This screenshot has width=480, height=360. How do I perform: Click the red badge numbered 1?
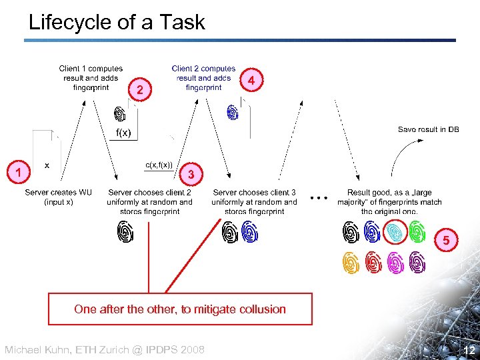click(x=20, y=173)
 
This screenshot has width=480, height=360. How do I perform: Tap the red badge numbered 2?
click(x=139, y=89)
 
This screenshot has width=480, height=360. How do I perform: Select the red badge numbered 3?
click(x=191, y=174)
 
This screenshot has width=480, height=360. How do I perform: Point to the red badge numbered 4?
click(x=251, y=79)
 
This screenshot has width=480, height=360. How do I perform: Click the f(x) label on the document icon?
click(x=123, y=133)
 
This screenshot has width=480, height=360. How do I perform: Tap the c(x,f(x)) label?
click(x=159, y=165)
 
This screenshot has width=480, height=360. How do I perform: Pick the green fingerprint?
click(x=417, y=232)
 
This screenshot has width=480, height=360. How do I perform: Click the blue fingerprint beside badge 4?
click(x=232, y=112)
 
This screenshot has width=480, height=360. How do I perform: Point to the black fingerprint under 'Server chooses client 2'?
click(x=125, y=231)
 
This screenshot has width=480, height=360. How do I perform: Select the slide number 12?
click(x=469, y=349)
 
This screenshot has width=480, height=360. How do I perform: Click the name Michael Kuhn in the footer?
click(x=39, y=350)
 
